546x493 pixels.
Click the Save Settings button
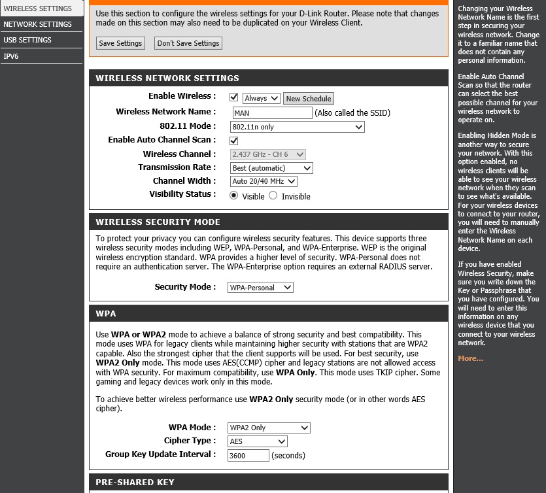pos(120,43)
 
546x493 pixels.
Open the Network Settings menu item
pos(37,24)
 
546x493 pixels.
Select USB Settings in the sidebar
pos(27,40)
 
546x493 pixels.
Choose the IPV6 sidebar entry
pos(11,56)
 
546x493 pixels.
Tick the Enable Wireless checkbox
pos(234,97)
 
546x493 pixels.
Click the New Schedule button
pos(309,98)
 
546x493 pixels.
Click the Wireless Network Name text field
pos(271,112)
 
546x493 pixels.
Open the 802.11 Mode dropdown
pos(297,127)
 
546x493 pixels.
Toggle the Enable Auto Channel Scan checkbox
pos(234,141)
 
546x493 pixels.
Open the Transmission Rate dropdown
pos(271,168)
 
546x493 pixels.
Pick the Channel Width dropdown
pos(264,181)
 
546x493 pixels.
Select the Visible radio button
pos(234,195)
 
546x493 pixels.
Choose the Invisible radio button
pos(273,195)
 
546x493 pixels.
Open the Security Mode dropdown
pos(260,287)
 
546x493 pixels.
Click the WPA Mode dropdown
pos(268,428)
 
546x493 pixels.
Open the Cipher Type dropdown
pos(257,441)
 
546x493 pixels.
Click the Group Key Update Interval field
pos(248,455)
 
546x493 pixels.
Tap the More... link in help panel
pos(471,358)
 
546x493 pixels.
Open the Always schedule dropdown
pos(261,98)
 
